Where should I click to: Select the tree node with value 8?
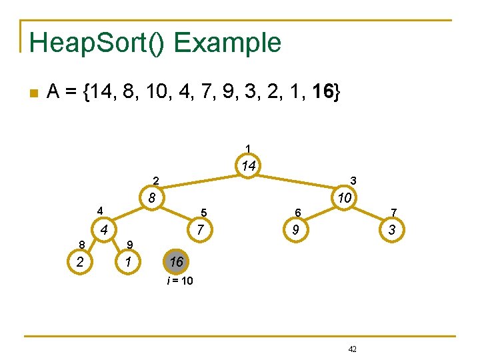[x=152, y=198]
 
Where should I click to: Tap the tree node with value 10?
[x=345, y=198]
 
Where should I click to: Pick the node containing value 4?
[x=103, y=231]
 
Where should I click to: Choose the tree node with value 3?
[x=392, y=231]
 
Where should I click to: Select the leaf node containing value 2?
[x=79, y=262]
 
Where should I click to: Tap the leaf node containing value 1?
[x=127, y=262]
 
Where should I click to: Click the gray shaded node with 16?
[x=175, y=262]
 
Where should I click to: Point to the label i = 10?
[x=180, y=281]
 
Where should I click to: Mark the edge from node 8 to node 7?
[x=176, y=215]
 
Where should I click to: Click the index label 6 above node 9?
[x=299, y=213]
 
